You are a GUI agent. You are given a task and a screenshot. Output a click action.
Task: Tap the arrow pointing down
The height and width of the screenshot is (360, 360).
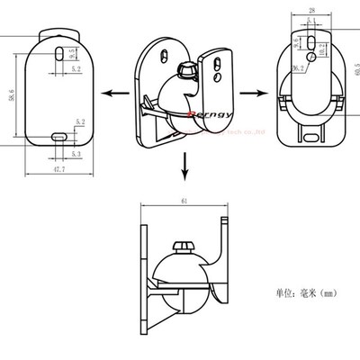pos(184,166)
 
